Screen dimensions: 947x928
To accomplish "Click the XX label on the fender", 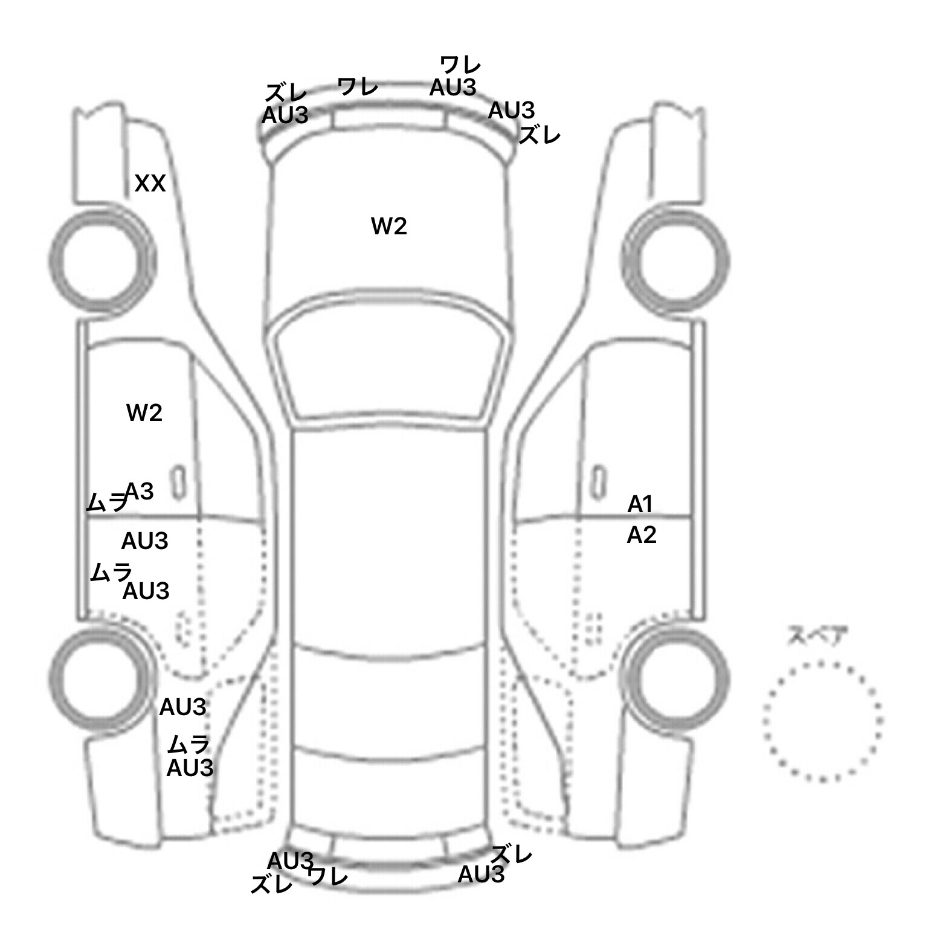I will pyautogui.click(x=150, y=183).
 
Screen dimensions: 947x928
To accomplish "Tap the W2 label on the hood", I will pyautogui.click(x=388, y=226).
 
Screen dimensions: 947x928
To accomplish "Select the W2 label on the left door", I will pyautogui.click(x=144, y=414).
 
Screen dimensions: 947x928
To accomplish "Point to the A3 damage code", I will pyautogui.click(x=140, y=492).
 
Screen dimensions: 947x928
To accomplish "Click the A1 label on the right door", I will pyautogui.click(x=640, y=504).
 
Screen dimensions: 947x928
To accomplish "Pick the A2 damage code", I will pyautogui.click(x=641, y=535).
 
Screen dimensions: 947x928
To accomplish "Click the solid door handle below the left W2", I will pyautogui.click(x=178, y=483).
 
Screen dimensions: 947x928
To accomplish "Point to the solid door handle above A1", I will pyautogui.click(x=598, y=483).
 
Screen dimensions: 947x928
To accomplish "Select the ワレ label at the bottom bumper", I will pyautogui.click(x=328, y=876).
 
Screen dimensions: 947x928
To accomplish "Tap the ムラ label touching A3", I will pyautogui.click(x=106, y=502).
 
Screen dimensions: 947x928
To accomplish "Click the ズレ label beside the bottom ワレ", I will pyautogui.click(x=272, y=885).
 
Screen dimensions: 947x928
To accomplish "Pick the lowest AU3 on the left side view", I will pyautogui.click(x=190, y=768).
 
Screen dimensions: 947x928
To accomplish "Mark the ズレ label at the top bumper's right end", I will pyautogui.click(x=540, y=135).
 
